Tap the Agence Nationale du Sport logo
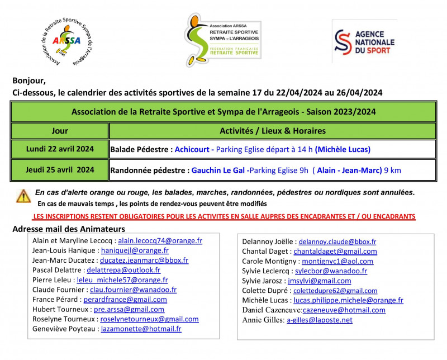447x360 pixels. (364, 41)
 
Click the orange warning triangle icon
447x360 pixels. (23, 196)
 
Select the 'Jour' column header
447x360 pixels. (60, 131)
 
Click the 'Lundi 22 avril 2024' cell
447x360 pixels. (60, 149)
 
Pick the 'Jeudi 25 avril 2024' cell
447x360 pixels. (60, 169)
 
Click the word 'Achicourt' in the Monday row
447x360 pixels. (192, 150)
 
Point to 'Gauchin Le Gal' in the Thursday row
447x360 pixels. (218, 170)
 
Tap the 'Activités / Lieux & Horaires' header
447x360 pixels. (272, 131)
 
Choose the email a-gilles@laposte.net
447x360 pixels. (319, 320)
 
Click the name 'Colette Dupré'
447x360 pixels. (264, 291)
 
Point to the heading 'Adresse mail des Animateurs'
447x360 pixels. (68, 229)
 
